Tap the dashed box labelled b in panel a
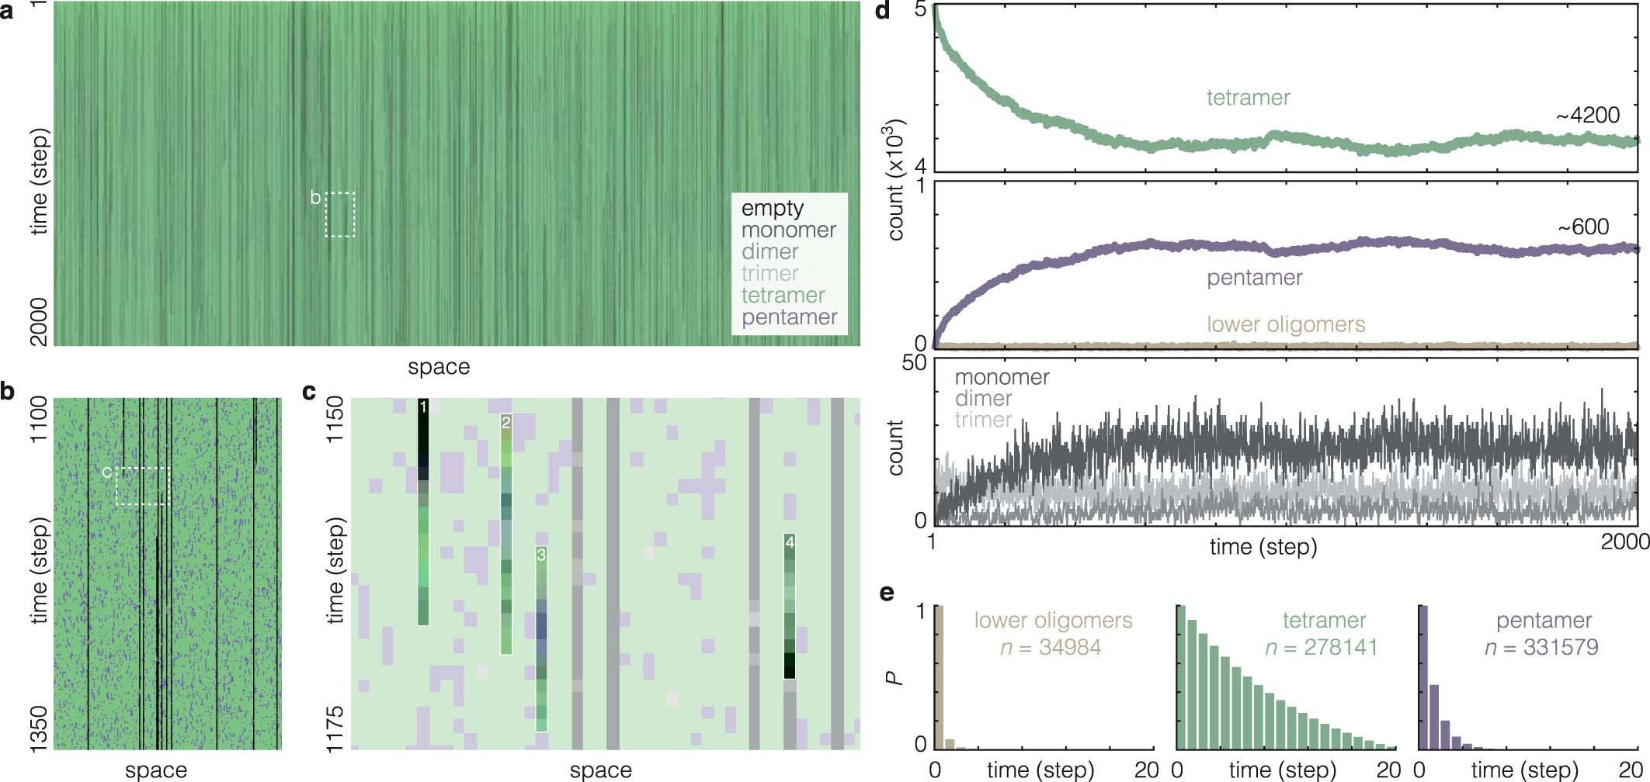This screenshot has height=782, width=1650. click(340, 215)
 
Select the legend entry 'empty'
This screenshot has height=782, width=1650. click(772, 208)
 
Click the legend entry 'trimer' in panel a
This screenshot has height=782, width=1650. click(769, 273)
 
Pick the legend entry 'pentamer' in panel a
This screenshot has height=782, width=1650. click(789, 317)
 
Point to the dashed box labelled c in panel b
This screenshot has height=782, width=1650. click(142, 486)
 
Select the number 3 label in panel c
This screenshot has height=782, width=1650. click(541, 555)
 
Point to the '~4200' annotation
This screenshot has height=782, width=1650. click(1587, 116)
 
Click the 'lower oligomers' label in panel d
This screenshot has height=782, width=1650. click(1286, 324)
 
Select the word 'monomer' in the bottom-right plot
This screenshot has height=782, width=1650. click(1002, 377)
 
